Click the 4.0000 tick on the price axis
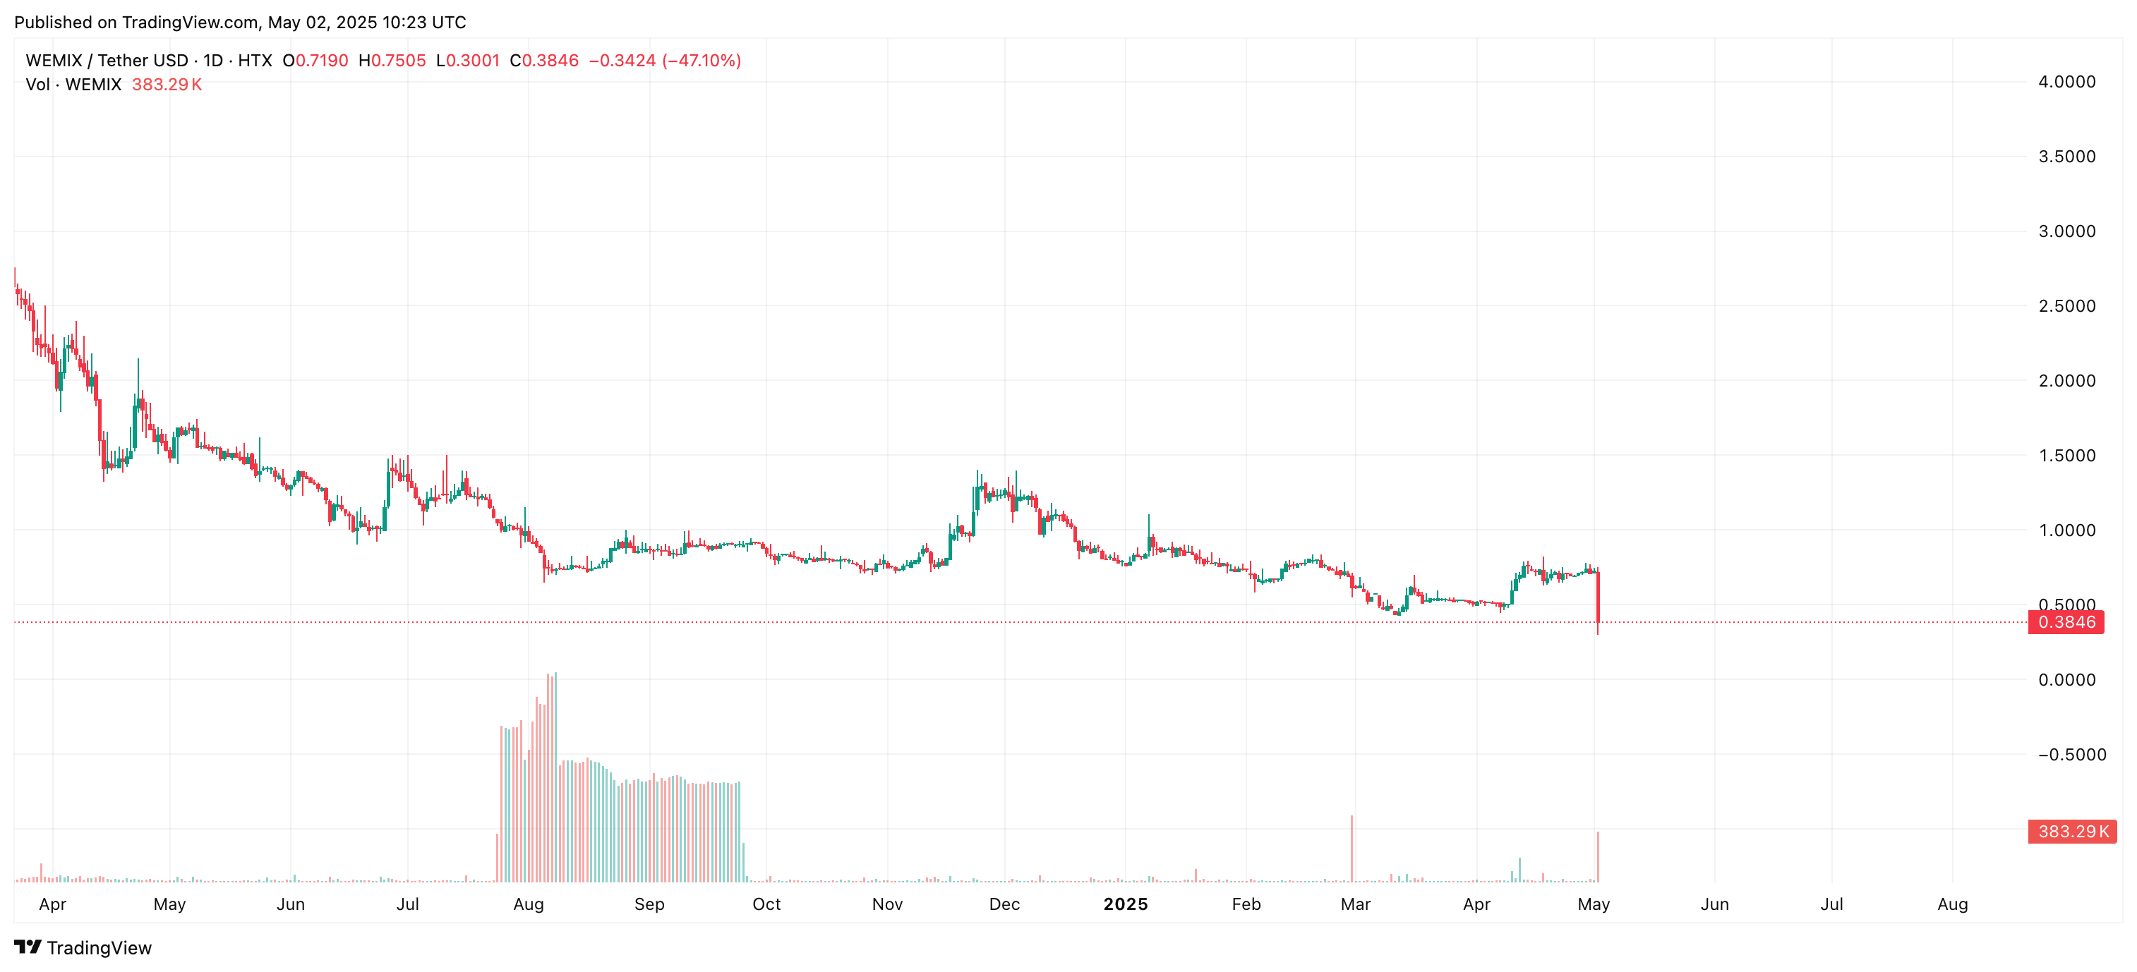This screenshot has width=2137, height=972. (x=2066, y=81)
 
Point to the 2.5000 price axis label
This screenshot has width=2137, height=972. (x=2066, y=306)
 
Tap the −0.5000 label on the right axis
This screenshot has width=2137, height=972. (x=2071, y=755)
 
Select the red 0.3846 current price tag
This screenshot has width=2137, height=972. (x=2065, y=622)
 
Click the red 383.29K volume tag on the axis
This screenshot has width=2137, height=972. (x=2071, y=831)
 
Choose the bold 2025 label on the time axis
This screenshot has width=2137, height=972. (x=1125, y=904)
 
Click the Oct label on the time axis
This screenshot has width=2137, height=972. (x=766, y=904)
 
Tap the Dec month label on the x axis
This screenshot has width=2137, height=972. (x=1004, y=904)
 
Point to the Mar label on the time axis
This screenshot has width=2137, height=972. (x=1355, y=904)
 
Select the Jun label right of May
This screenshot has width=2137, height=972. (x=1714, y=904)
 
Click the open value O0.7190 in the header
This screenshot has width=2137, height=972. (x=315, y=61)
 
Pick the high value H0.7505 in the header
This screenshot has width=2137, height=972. (x=392, y=61)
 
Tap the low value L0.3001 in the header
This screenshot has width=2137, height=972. (x=468, y=61)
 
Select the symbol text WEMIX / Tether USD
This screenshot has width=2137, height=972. (x=107, y=61)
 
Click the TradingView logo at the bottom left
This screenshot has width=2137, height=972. (x=83, y=948)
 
